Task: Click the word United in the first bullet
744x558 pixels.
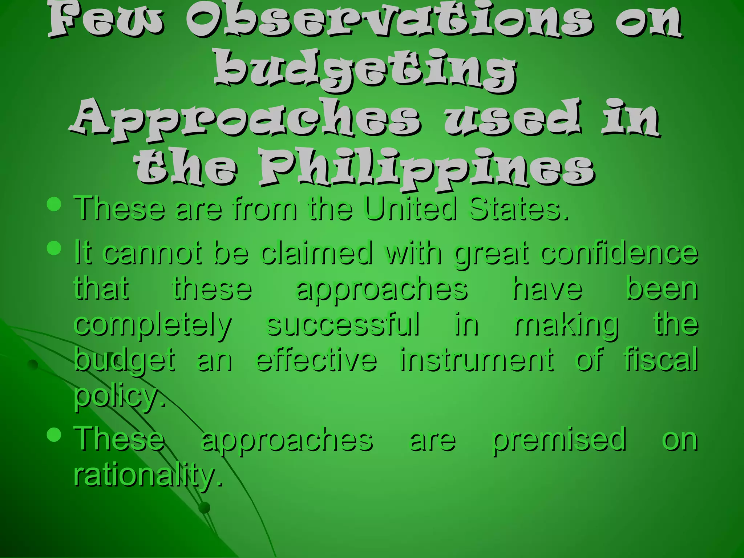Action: (410, 209)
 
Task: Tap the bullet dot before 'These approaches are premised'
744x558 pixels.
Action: (54, 434)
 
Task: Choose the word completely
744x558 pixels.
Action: (153, 325)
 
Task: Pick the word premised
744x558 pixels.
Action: (559, 440)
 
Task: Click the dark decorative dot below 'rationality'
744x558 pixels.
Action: (205, 508)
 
